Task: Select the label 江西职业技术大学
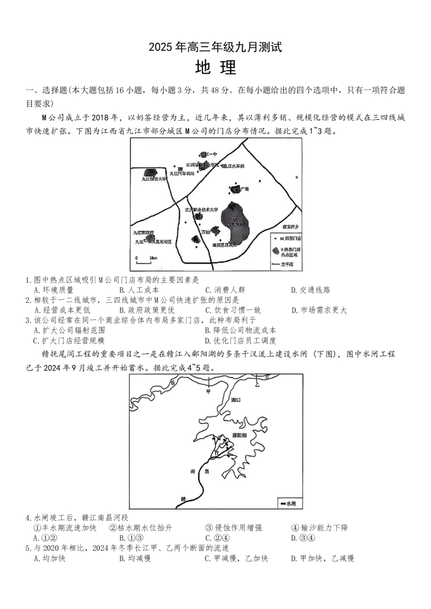[201, 209]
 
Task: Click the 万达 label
[205, 232]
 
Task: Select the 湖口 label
[234, 401]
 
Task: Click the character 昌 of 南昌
[206, 472]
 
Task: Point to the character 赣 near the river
[183, 499]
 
